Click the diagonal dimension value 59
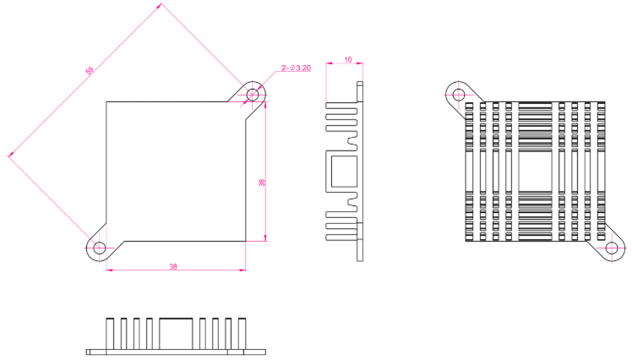pyautogui.click(x=90, y=70)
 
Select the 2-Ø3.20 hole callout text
pyautogui.click(x=297, y=68)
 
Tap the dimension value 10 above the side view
pyautogui.click(x=348, y=60)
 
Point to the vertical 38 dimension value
pyautogui.click(x=262, y=183)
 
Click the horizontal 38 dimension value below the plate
pyautogui.click(x=173, y=266)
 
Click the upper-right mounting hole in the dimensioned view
pyautogui.click(x=253, y=95)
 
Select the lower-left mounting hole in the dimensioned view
pyautogui.click(x=99, y=248)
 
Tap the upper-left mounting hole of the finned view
pyautogui.click(x=459, y=95)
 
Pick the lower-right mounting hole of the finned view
pyautogui.click(x=612, y=248)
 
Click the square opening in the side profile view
pyautogui.click(x=344, y=172)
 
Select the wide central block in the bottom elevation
pyautogui.click(x=176, y=334)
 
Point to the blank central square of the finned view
pyautogui.click(x=535, y=172)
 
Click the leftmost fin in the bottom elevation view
pyautogui.click(x=110, y=334)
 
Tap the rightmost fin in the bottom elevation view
pyautogui.click(x=242, y=334)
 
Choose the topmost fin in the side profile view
pyautogui.click(x=341, y=106)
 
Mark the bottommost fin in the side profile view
pyautogui.click(x=341, y=237)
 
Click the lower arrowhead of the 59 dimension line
pyautogui.click(x=10, y=155)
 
